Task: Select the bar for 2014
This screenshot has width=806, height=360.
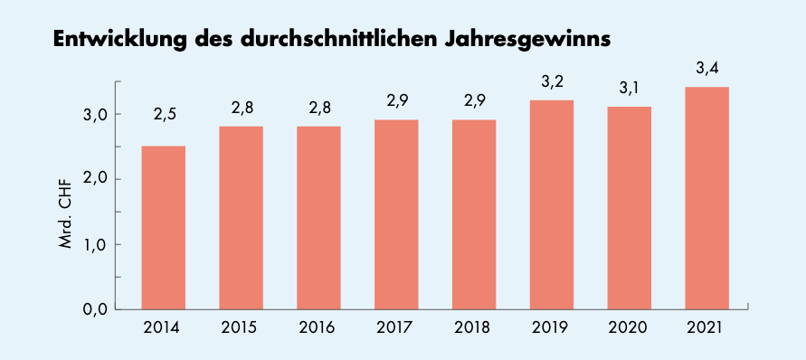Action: pos(164,228)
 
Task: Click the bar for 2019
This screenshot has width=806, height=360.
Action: pos(552,204)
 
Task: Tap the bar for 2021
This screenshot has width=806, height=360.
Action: pos(706,198)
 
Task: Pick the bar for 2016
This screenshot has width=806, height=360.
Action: pos(318,218)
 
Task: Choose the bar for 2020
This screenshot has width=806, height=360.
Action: pos(630,208)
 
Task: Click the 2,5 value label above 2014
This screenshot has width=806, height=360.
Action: pos(165,115)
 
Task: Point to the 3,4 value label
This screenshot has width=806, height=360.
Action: pos(707,69)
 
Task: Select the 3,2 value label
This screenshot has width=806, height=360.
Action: pos(553,81)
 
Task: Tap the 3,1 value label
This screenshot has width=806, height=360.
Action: pos(630,89)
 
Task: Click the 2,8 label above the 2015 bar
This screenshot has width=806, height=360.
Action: pos(242,108)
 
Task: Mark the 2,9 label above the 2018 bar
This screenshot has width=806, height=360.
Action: pos(474,101)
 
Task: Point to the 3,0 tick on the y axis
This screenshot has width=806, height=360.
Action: pos(95,115)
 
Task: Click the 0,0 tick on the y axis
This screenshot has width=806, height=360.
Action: pos(95,309)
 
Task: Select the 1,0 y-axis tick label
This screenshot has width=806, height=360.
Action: pos(96,245)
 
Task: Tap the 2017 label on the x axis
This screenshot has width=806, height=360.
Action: pos(396,327)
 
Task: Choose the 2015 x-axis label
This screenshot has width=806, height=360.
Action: pos(242,327)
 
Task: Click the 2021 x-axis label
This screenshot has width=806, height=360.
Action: pos(706,327)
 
